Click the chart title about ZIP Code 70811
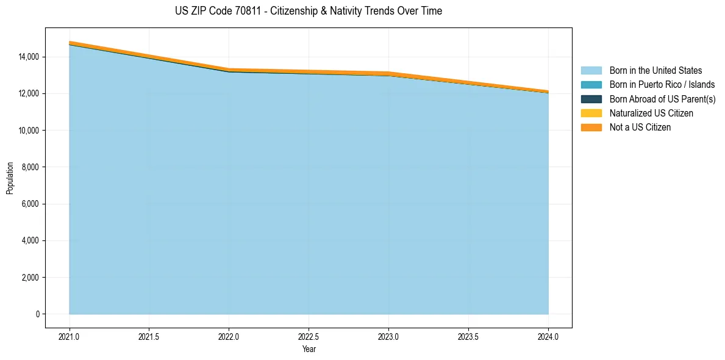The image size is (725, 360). click(x=309, y=11)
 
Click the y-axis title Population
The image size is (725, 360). click(x=10, y=178)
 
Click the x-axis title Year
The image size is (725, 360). click(x=309, y=349)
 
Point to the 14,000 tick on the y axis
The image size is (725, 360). click(x=29, y=57)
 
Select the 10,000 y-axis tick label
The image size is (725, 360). click(x=29, y=131)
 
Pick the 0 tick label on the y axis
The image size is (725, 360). click(x=37, y=314)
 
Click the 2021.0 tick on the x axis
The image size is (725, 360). click(x=70, y=336)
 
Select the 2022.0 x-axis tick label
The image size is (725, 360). click(x=229, y=336)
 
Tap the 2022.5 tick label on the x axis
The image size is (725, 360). click(x=309, y=336)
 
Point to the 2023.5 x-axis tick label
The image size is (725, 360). click(x=468, y=336)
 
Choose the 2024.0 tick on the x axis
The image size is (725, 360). click(x=548, y=336)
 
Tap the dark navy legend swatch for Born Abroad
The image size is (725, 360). click(x=591, y=99)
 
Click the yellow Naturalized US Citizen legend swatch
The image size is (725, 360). click(x=591, y=113)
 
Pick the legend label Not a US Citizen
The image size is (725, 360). click(x=640, y=128)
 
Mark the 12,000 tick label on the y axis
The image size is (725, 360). click(x=29, y=93)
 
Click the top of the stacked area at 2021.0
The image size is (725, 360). click(x=70, y=41)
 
